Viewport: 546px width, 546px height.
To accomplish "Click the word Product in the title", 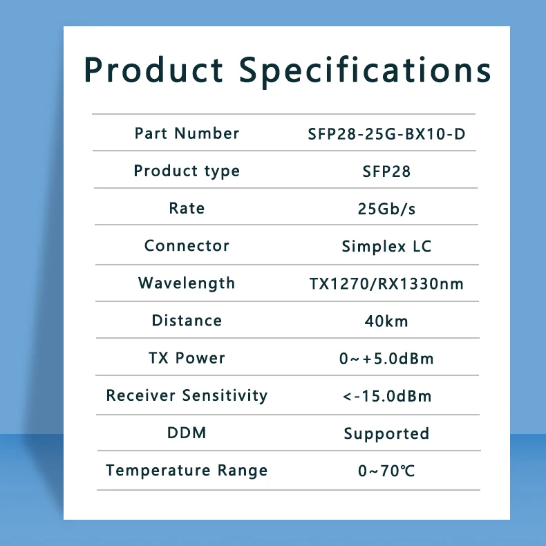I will pyautogui.click(x=154, y=70).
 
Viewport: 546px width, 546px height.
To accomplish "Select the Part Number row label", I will pyautogui.click(x=187, y=133).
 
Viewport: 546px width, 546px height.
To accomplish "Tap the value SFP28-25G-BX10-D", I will pyautogui.click(x=386, y=134).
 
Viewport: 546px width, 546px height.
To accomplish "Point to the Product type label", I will pyautogui.click(x=187, y=171).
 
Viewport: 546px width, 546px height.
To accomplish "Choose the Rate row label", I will pyautogui.click(x=187, y=208).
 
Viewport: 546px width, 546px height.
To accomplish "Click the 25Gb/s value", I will pyautogui.click(x=386, y=209).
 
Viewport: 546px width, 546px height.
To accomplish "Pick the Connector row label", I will pyautogui.click(x=187, y=245).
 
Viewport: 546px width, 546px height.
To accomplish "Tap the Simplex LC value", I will pyautogui.click(x=386, y=247).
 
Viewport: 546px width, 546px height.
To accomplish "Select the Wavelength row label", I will pyautogui.click(x=187, y=283).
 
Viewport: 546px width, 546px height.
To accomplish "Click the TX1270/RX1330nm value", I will pyautogui.click(x=386, y=283).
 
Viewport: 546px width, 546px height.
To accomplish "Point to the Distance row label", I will pyautogui.click(x=187, y=321).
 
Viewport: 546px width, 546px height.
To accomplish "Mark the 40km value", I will pyautogui.click(x=386, y=321).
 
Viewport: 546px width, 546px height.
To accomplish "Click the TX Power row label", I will pyautogui.click(x=187, y=358).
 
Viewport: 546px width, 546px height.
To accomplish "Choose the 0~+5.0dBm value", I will pyautogui.click(x=386, y=359).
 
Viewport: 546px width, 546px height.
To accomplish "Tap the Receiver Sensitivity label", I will pyautogui.click(x=187, y=395).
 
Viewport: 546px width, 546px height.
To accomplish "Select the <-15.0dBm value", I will pyautogui.click(x=386, y=396).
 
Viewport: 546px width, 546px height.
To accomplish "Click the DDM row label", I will pyautogui.click(x=187, y=433).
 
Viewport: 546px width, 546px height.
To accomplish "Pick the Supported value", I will pyautogui.click(x=386, y=434).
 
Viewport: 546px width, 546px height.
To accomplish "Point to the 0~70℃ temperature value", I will pyautogui.click(x=386, y=471).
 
